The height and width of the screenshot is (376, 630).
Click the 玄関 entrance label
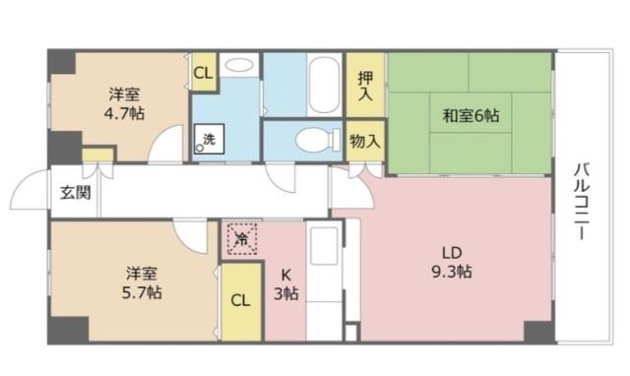pyautogui.click(x=71, y=192)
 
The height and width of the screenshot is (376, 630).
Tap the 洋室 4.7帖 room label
pyautogui.click(x=125, y=104)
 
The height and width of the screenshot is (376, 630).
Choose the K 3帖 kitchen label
pyautogui.click(x=284, y=283)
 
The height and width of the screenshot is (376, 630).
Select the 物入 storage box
pyautogui.click(x=365, y=142)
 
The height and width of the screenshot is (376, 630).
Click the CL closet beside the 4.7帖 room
pyautogui.click(x=204, y=73)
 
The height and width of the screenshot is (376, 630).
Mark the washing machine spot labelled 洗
pyautogui.click(x=209, y=140)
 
